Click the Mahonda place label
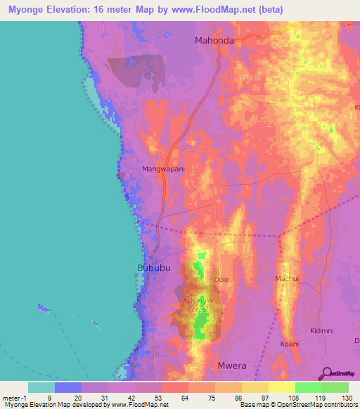pos(214,41)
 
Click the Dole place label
pos(221,279)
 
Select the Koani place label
pos(290,344)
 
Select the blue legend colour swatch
pos(68,387)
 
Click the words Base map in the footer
pos(252,405)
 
